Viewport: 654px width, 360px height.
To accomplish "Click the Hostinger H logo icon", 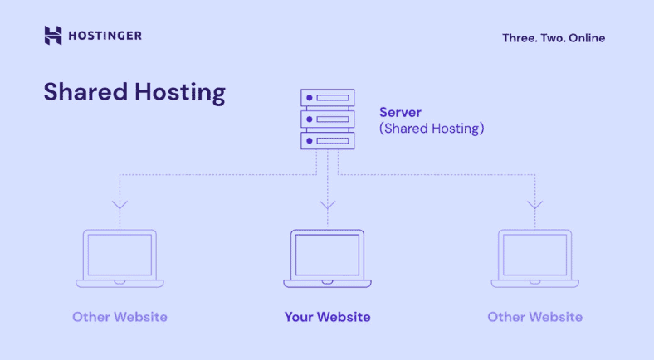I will [x=53, y=35].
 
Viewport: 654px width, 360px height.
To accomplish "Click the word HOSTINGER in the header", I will [x=105, y=35].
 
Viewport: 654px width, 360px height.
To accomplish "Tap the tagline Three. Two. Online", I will [x=554, y=37].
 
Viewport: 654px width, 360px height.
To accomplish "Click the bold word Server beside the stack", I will [x=400, y=112].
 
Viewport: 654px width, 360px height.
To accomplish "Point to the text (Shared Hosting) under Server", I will [x=432, y=129].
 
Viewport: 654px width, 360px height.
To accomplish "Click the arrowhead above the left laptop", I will [x=120, y=204].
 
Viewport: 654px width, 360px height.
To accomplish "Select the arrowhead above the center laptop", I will [x=327, y=204].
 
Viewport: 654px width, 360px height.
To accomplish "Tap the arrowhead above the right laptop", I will [x=534, y=204].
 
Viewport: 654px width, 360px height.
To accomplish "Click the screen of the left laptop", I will [x=120, y=254].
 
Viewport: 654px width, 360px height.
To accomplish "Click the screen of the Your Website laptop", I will [x=327, y=254].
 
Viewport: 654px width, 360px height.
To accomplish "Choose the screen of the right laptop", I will [x=534, y=254].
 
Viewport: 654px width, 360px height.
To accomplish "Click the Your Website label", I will [x=327, y=317].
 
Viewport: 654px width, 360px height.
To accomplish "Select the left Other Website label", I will [x=120, y=317].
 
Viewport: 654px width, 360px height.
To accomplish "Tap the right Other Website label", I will [x=534, y=317].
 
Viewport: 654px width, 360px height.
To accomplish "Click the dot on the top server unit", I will [x=310, y=98].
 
